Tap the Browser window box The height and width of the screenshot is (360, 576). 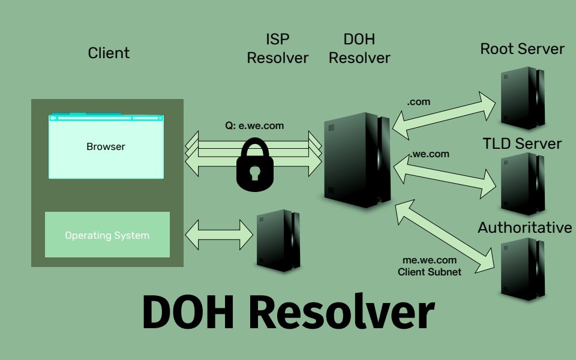(x=106, y=146)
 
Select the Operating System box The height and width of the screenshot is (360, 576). (x=107, y=235)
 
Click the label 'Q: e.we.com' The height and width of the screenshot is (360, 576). (x=254, y=126)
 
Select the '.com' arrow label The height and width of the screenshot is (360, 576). (x=418, y=102)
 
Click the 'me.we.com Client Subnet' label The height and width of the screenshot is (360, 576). (x=430, y=266)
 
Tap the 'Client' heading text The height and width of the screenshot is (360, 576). (x=109, y=53)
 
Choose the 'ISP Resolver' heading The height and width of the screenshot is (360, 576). (x=277, y=49)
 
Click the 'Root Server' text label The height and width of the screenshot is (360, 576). (x=522, y=49)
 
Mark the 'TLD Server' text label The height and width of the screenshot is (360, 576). (x=522, y=143)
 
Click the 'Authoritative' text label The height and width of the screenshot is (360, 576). (x=525, y=228)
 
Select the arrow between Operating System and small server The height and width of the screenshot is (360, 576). (x=219, y=235)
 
